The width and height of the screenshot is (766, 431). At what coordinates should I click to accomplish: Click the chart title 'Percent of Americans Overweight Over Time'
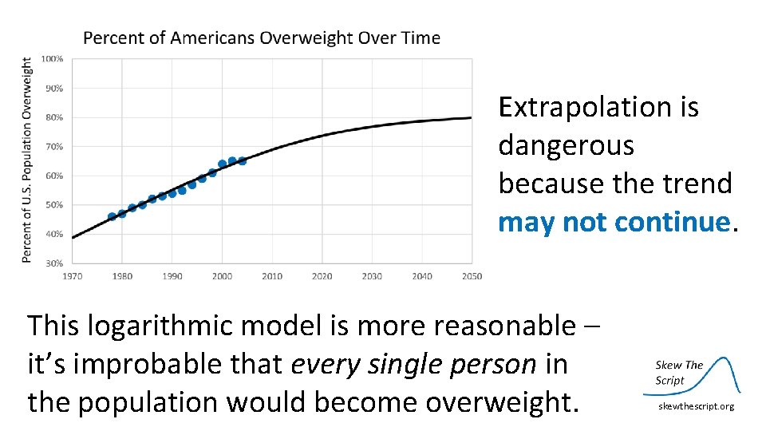[x=262, y=38]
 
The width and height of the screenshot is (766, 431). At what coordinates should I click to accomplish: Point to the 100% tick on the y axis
[x=53, y=59]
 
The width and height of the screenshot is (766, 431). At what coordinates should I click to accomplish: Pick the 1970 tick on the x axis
[x=72, y=276]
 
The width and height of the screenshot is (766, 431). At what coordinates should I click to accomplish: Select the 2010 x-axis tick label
[x=272, y=276]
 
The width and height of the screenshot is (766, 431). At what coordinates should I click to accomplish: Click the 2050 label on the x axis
[x=472, y=276]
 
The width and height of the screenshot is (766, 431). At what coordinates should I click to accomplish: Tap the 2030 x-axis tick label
[x=372, y=276]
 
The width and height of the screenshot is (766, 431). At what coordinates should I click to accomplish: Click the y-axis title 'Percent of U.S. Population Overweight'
[x=26, y=160]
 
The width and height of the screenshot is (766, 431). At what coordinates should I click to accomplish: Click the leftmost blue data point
[x=112, y=216]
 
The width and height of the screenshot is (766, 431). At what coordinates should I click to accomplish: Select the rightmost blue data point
[x=242, y=161]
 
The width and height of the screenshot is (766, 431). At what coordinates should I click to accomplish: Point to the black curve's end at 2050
[x=470, y=118]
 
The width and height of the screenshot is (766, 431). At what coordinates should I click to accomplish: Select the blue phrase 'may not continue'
[x=614, y=222]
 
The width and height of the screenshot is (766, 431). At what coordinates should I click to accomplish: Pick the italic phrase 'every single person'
[x=413, y=364]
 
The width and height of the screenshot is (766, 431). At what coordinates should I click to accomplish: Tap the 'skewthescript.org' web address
[x=696, y=407]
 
